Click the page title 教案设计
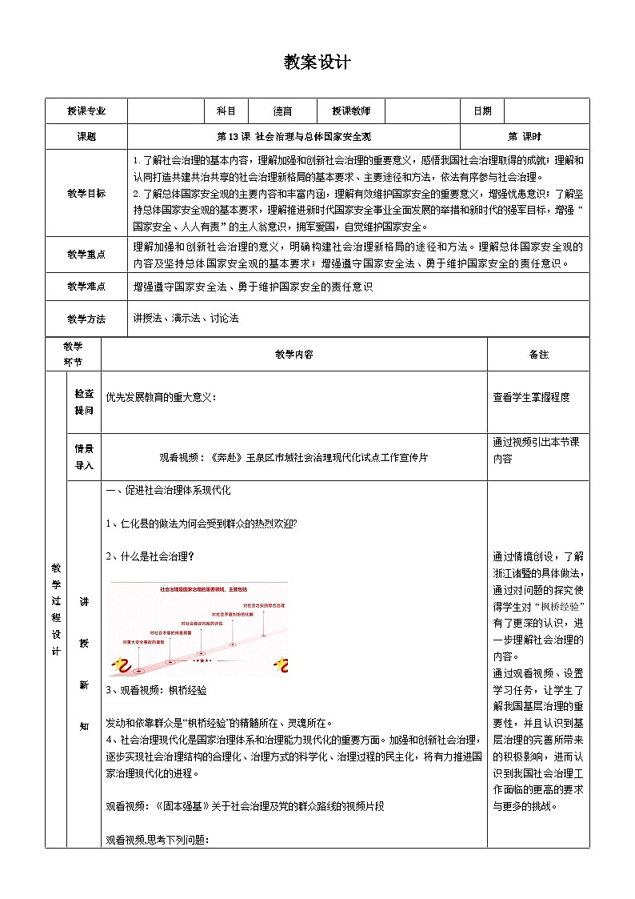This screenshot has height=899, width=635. pyautogui.click(x=317, y=62)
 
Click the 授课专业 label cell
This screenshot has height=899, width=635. pyautogui.click(x=86, y=111)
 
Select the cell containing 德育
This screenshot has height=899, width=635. pyautogui.click(x=282, y=111)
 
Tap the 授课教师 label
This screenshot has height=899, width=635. pyautogui.click(x=341, y=111)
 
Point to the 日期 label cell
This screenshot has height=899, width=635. pyautogui.click(x=482, y=111)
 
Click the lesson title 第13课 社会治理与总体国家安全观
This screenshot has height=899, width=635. pyautogui.click(x=294, y=137)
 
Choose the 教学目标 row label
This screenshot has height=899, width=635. pyautogui.click(x=86, y=194)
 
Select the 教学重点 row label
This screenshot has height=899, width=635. pyautogui.click(x=86, y=254)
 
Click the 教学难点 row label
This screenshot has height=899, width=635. pyautogui.click(x=86, y=287)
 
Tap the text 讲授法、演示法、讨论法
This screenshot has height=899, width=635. pyautogui.click(x=186, y=319)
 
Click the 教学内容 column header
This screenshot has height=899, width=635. pyautogui.click(x=294, y=354)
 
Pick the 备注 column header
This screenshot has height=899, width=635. pyautogui.click(x=538, y=354)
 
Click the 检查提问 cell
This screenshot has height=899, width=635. pyautogui.click(x=84, y=402)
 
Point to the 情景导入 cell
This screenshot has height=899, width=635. pyautogui.click(x=84, y=456)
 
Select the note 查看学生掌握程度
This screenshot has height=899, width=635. pyautogui.click(x=532, y=397)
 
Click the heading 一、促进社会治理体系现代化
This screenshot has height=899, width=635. pyautogui.click(x=168, y=491)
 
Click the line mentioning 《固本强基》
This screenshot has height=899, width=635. pyautogui.click(x=245, y=807)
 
